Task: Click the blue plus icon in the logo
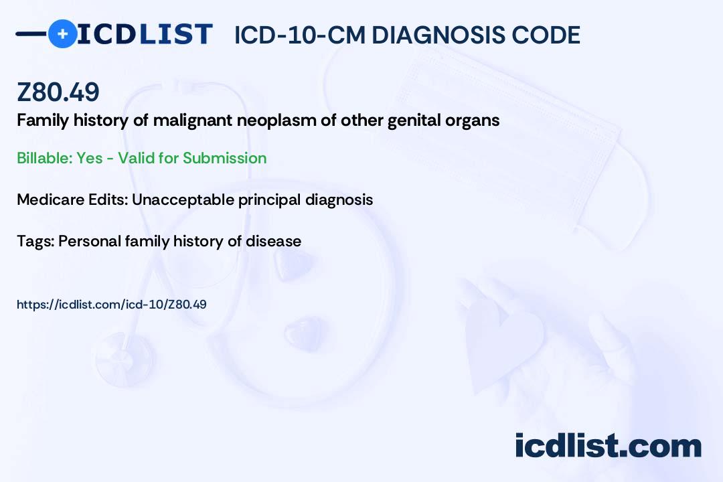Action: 62,33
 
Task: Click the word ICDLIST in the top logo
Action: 145,34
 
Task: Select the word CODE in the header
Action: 544,35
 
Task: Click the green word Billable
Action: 44,158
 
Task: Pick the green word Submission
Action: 224,158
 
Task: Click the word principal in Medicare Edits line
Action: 269,200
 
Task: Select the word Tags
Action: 35,241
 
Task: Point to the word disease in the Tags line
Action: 273,241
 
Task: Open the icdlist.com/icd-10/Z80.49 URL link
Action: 112,305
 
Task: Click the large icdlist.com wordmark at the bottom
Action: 609,446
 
